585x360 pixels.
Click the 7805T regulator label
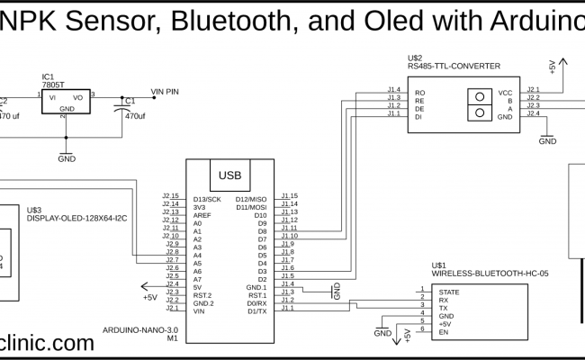point(51,85)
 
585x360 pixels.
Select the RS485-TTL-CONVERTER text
point(454,65)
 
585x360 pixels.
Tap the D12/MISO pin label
point(251,198)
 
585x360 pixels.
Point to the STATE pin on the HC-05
point(449,292)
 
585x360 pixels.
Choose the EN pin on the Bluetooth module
point(443,333)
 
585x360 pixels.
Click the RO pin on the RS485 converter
point(419,93)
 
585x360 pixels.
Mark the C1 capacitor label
point(130,101)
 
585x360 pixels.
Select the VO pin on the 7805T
point(78,96)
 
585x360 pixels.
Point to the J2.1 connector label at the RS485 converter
point(533,90)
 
